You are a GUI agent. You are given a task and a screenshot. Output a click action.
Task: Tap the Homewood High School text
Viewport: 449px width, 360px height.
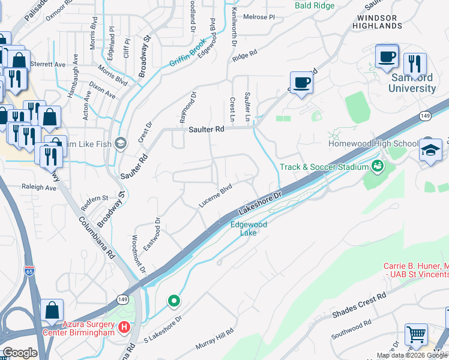tap(373, 144)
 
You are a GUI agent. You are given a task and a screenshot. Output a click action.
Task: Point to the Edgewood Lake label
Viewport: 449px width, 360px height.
tap(249, 228)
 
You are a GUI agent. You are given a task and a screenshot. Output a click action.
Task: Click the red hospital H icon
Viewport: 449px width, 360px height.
tap(124, 328)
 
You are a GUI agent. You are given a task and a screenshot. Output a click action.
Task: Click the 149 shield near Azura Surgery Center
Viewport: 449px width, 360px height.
tap(122, 299)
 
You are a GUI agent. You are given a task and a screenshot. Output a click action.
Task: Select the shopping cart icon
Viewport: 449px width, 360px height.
tap(416, 335)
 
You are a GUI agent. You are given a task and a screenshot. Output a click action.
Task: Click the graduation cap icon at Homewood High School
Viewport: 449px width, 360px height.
tap(430, 150)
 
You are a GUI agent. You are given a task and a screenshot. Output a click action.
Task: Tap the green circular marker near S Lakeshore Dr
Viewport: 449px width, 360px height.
tap(174, 300)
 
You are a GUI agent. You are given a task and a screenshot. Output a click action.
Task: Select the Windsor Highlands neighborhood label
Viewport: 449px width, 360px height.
tap(384, 22)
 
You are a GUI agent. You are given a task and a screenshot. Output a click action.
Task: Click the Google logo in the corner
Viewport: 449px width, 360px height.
tap(19, 352)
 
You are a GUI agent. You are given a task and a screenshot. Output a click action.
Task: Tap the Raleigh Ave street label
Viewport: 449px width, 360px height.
tap(39, 187)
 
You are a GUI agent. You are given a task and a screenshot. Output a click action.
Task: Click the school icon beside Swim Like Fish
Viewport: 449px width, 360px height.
tap(121, 143)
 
